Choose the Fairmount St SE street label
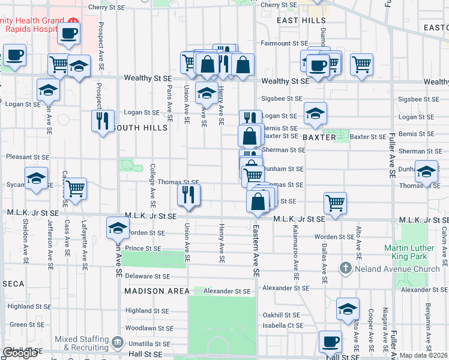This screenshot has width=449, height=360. pos(284,44)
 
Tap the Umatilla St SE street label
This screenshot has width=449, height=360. pos(149,344)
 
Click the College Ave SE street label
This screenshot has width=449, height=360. pos(152,182)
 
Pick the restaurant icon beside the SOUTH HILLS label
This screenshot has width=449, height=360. pos(103,121)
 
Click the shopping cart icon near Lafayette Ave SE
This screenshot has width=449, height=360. pos(75,188)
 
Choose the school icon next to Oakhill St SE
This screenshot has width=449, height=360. pos(348,308)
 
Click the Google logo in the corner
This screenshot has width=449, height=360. pos(20,353)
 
